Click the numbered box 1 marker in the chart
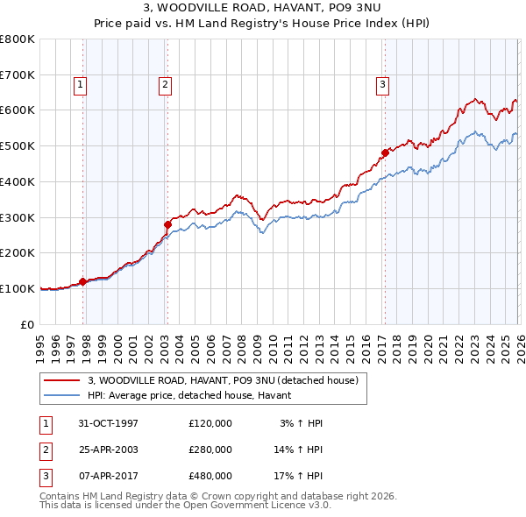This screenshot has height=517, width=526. pyautogui.click(x=80, y=85)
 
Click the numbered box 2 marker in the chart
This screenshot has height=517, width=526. pyautogui.click(x=164, y=85)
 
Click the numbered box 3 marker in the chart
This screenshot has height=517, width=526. pyautogui.click(x=383, y=85)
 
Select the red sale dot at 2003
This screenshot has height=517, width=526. pyautogui.click(x=167, y=224)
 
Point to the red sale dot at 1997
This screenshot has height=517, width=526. pyautogui.click(x=83, y=281)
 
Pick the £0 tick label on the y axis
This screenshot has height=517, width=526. pyautogui.click(x=29, y=324)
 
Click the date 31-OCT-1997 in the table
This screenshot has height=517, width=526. pyautogui.click(x=108, y=423)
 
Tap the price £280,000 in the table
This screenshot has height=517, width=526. pyautogui.click(x=210, y=450)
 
